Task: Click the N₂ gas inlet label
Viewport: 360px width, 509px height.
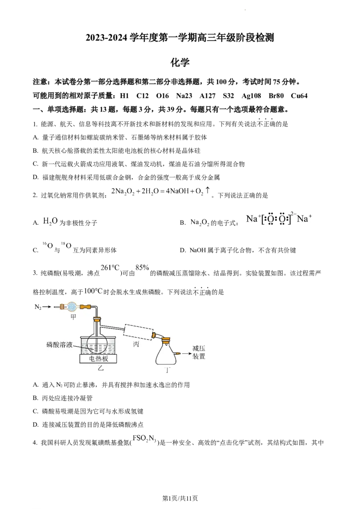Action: tap(38, 307)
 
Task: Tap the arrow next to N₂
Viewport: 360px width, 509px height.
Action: tap(47, 307)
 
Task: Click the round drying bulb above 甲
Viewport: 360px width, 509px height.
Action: tap(71, 307)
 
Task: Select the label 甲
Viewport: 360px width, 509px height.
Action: tap(73, 317)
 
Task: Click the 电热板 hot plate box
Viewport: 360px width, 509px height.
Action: tap(98, 359)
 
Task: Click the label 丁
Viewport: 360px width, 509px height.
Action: tap(168, 370)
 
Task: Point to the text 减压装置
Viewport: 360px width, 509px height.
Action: tap(198, 352)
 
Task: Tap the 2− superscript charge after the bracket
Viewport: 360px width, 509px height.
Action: tap(293, 213)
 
